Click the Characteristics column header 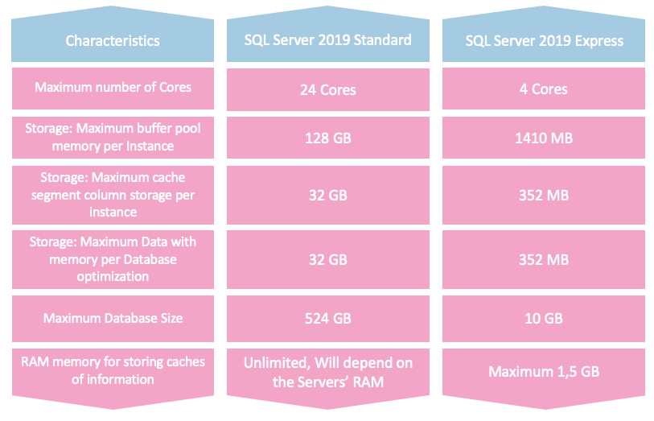[x=113, y=40]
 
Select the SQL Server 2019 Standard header [x=328, y=40]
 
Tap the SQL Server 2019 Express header [x=544, y=40]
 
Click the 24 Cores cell [x=328, y=89]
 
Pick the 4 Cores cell [x=544, y=89]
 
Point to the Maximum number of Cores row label [x=113, y=87]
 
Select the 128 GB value [x=328, y=138]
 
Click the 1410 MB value [x=544, y=138]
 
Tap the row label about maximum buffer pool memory [x=113, y=138]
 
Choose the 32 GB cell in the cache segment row [x=328, y=194]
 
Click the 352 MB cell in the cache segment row [x=544, y=194]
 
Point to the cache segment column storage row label [x=113, y=194]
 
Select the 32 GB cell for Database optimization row [x=328, y=259]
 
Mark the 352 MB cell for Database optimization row [x=544, y=259]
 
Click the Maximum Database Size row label [x=113, y=318]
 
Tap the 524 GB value [x=328, y=319]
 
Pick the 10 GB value [x=544, y=319]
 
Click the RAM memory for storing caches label [x=113, y=370]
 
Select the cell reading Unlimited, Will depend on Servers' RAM [x=328, y=372]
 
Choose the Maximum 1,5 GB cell [x=544, y=372]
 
